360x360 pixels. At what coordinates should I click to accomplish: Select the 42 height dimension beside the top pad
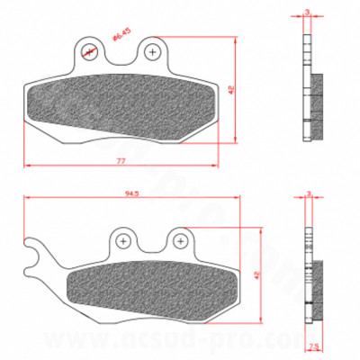(231, 89)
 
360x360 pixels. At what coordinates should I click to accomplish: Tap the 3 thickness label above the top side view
(308, 12)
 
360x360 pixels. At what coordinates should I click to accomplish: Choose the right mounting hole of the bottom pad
(182, 240)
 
